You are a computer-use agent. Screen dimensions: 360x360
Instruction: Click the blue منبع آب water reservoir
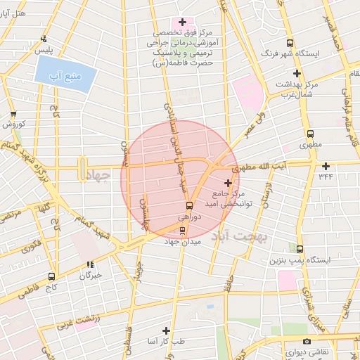coord(64,75)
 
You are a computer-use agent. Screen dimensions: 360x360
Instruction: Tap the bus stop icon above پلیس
coord(44,39)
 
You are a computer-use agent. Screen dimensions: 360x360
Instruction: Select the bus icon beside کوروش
coord(13,113)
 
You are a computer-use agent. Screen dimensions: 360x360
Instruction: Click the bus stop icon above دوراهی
coord(188,205)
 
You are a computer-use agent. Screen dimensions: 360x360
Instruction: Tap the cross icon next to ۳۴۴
coord(326,166)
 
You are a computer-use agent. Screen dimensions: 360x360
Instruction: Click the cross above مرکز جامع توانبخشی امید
coord(227,182)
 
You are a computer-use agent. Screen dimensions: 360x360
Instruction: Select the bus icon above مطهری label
coord(310,134)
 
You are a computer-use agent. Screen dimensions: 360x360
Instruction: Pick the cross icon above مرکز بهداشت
coord(297,73)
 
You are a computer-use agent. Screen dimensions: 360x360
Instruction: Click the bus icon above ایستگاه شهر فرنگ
coord(290,43)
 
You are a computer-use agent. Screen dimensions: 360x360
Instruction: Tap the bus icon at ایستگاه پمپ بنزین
coord(300,249)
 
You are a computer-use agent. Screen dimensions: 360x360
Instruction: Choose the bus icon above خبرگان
coord(89,264)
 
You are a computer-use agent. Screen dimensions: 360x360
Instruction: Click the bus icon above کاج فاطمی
coord(51,276)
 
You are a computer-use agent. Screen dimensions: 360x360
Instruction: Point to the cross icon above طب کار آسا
coord(166,330)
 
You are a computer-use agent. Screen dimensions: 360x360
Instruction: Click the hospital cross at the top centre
coord(183,22)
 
